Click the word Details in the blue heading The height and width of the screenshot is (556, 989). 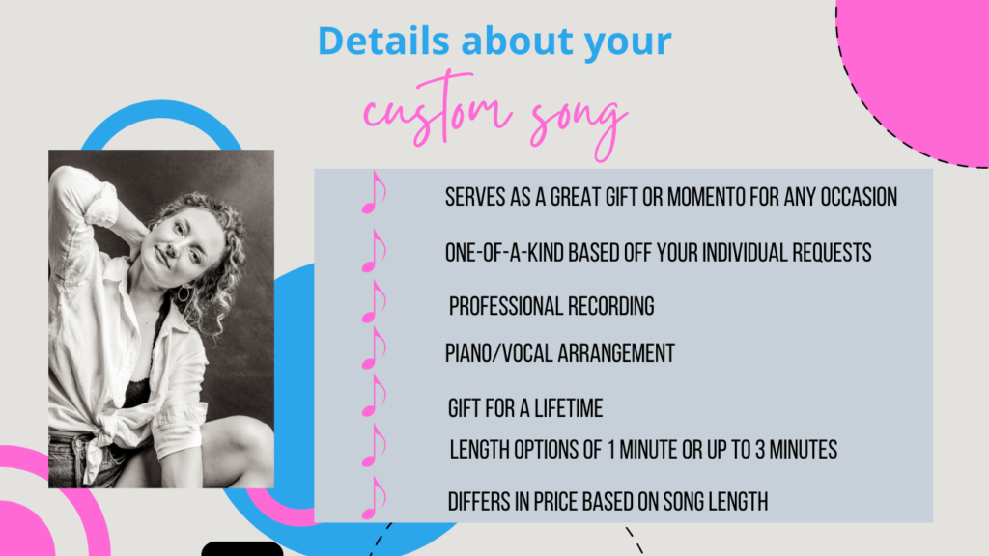coord(383,41)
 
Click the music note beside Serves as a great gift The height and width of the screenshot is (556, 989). coord(374,193)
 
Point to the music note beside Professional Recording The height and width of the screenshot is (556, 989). coord(374,302)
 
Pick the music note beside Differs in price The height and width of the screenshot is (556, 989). coord(374,498)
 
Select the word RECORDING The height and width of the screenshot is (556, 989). coord(611,306)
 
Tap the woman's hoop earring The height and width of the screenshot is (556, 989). coord(184,293)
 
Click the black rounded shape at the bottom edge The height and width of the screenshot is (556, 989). coord(242,548)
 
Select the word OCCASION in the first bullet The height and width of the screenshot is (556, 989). coord(859,197)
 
